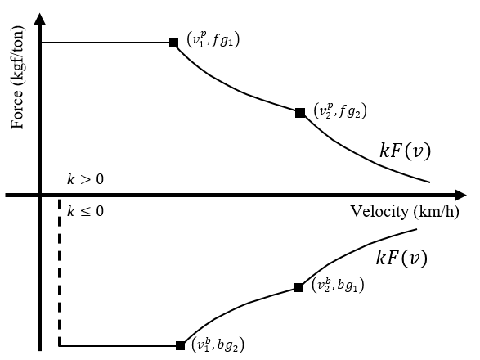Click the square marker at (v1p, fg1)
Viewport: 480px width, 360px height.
click(x=173, y=43)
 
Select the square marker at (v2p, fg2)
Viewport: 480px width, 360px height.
click(x=300, y=113)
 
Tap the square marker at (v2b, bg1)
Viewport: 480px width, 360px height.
click(x=298, y=287)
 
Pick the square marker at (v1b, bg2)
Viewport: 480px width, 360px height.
click(x=180, y=345)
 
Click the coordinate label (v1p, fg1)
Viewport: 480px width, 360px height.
click(x=213, y=39)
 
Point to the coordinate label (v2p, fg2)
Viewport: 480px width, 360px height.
click(x=340, y=110)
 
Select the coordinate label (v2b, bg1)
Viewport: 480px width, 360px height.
click(x=338, y=285)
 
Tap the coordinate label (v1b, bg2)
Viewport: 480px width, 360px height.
click(x=218, y=344)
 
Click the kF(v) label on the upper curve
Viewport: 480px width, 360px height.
click(x=405, y=151)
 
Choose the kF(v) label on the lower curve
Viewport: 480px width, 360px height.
click(x=401, y=258)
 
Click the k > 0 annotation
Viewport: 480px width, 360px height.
click(x=85, y=179)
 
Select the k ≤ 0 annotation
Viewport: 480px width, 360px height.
click(x=85, y=211)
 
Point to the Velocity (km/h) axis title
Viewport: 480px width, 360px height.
click(x=405, y=211)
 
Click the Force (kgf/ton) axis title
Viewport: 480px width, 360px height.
click(x=17, y=78)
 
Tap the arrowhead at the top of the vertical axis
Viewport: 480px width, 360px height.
click(x=39, y=18)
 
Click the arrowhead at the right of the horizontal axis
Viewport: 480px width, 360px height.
click(x=460, y=196)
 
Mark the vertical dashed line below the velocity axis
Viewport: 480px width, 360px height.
click(x=60, y=272)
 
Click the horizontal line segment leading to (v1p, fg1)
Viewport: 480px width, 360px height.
click(x=105, y=43)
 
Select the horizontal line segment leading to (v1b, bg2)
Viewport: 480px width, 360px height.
click(x=117, y=346)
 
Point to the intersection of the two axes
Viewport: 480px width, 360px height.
click(x=39, y=196)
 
